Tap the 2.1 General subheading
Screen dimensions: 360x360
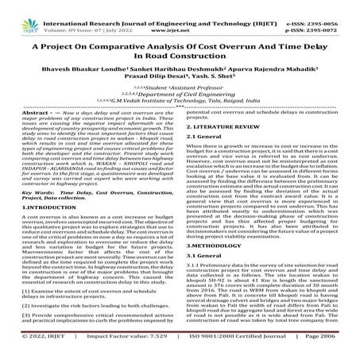click(x=206, y=160)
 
